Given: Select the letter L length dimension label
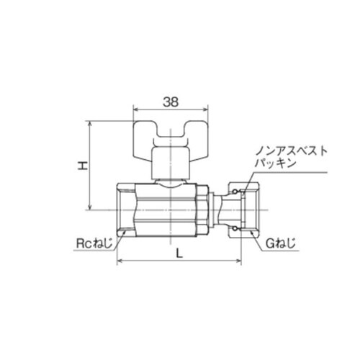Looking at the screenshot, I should click(x=177, y=252).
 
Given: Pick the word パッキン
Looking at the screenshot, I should click(x=275, y=165).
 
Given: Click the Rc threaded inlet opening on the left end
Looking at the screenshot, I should click(x=125, y=209).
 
